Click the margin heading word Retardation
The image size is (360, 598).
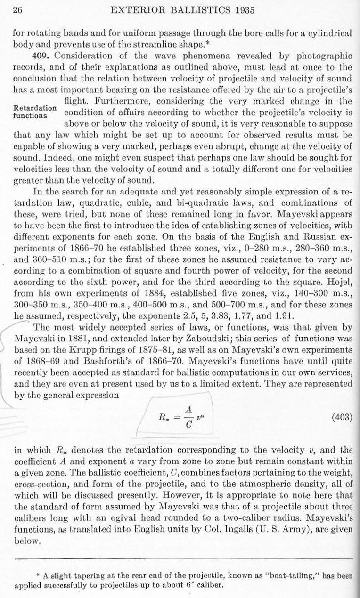point(33,106)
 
